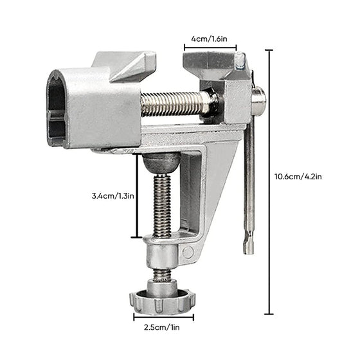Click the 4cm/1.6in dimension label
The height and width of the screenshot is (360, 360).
click(x=209, y=39)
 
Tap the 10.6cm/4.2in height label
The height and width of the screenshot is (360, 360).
click(x=298, y=176)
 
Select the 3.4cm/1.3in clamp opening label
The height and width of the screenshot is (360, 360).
click(x=113, y=196)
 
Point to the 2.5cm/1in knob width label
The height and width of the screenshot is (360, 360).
click(x=162, y=327)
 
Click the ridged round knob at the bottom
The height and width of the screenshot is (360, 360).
click(x=162, y=302)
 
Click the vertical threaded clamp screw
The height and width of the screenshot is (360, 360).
click(x=162, y=206)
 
